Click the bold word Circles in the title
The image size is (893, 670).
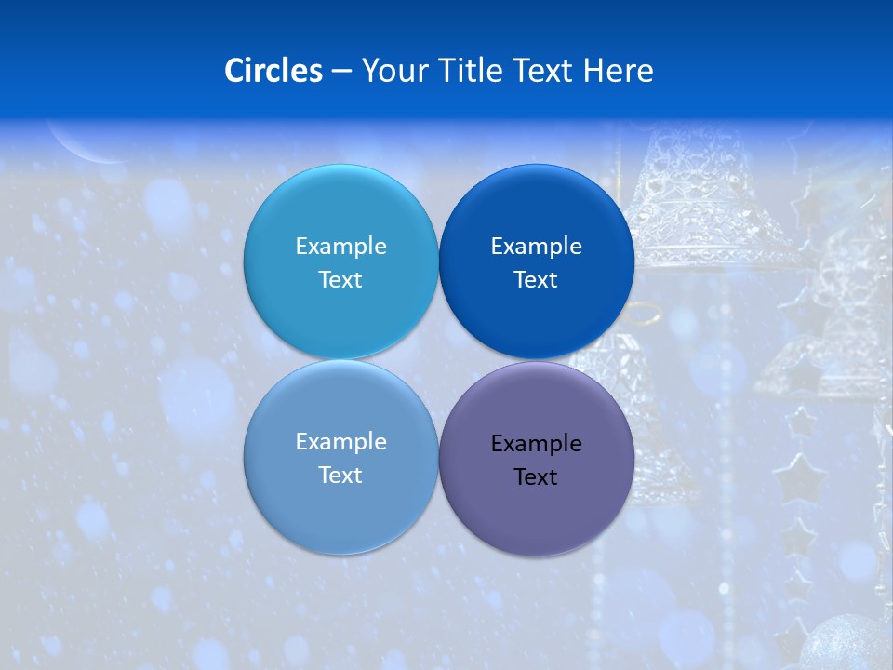(x=273, y=70)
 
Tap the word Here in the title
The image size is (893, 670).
(x=618, y=70)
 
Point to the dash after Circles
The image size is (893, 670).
(x=340, y=72)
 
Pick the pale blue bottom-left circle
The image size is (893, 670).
(x=340, y=516)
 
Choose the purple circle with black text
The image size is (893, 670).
(x=536, y=516)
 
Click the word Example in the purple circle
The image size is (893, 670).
(x=536, y=444)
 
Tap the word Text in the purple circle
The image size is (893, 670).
(x=536, y=477)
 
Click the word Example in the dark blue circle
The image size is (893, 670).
(x=536, y=247)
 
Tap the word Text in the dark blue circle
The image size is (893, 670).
(x=536, y=280)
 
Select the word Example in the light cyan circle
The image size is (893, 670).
(x=340, y=247)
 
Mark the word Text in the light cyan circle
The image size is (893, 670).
(x=340, y=280)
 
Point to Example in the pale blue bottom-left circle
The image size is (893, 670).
(x=340, y=442)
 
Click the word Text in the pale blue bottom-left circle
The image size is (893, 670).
(x=340, y=476)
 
